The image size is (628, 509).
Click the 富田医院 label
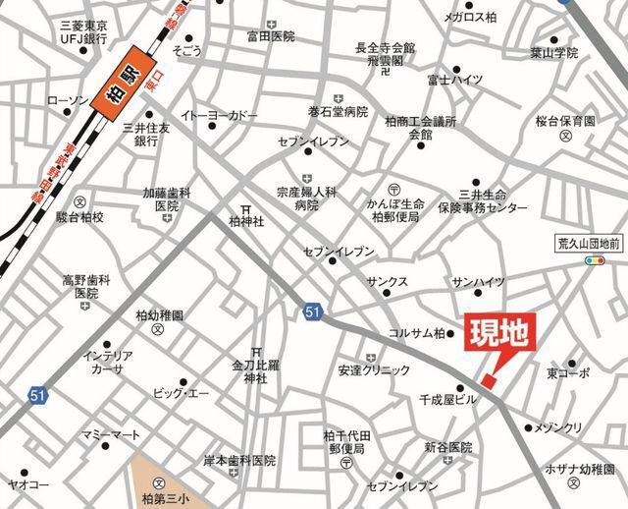pyautogui.click(x=271, y=36)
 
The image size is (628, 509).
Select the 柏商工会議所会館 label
pyautogui.click(x=420, y=128)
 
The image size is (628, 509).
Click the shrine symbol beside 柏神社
pyautogui.click(x=246, y=207)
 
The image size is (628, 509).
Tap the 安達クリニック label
pyautogui.click(x=374, y=370)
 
